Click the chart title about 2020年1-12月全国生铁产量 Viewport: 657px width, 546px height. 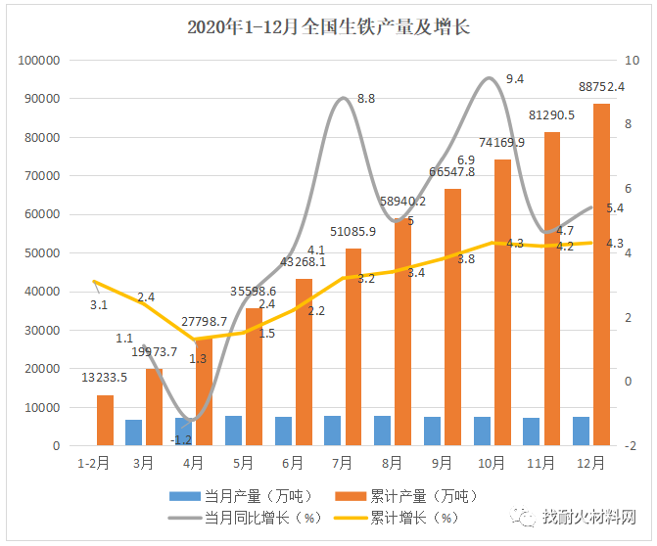(x=328, y=27)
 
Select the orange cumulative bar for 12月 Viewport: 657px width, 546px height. (x=602, y=274)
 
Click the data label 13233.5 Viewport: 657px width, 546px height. (x=103, y=377)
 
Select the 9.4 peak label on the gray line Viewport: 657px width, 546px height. (x=515, y=79)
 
